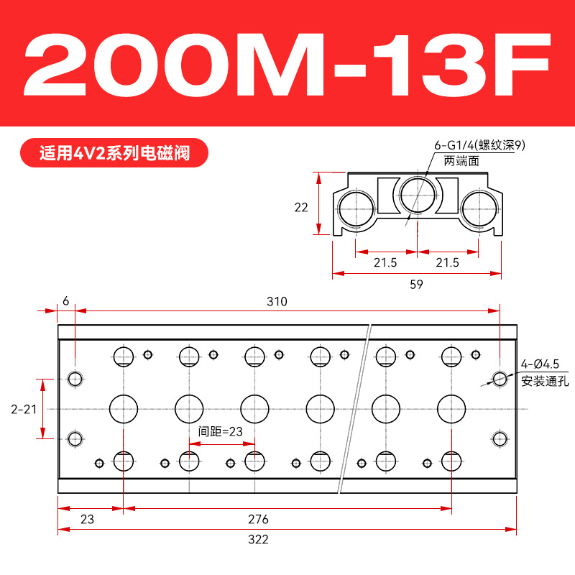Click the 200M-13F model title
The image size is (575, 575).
pyautogui.click(x=287, y=65)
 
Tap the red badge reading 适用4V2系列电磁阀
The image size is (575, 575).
pyautogui.click(x=114, y=153)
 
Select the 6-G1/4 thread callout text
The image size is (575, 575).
pyautogui.click(x=479, y=145)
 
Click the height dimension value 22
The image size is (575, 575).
pyautogui.click(x=301, y=208)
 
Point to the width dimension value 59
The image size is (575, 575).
pyautogui.click(x=417, y=284)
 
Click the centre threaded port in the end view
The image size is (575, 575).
pyautogui.click(x=418, y=194)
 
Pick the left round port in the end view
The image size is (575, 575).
pyautogui.click(x=356, y=209)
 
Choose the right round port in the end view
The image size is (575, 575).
pyautogui.click(x=479, y=209)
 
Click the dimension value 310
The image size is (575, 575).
pyautogui.click(x=277, y=301)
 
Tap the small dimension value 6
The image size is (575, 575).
pyautogui.click(x=66, y=301)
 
